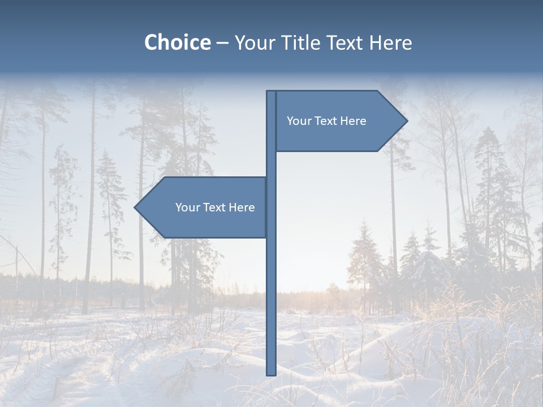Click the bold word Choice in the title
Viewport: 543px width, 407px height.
pyautogui.click(x=177, y=42)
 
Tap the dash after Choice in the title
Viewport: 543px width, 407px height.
pyautogui.click(x=222, y=43)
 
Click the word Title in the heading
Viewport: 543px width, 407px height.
pyautogui.click(x=300, y=42)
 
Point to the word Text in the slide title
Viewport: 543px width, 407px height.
pyautogui.click(x=346, y=42)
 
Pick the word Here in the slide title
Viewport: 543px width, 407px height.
pyautogui.click(x=391, y=42)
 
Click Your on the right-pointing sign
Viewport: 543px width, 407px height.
pyautogui.click(x=298, y=121)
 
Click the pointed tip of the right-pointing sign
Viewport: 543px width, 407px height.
pyautogui.click(x=406, y=121)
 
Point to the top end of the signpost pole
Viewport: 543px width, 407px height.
pyautogui.click(x=271, y=92)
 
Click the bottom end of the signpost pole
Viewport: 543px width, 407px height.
pyautogui.click(x=271, y=374)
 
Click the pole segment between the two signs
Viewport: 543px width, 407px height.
pyautogui.click(x=271, y=164)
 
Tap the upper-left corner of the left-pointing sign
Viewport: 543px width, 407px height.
pyautogui.click(x=165, y=178)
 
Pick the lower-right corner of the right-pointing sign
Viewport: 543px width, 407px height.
pyautogui.click(x=377, y=151)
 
